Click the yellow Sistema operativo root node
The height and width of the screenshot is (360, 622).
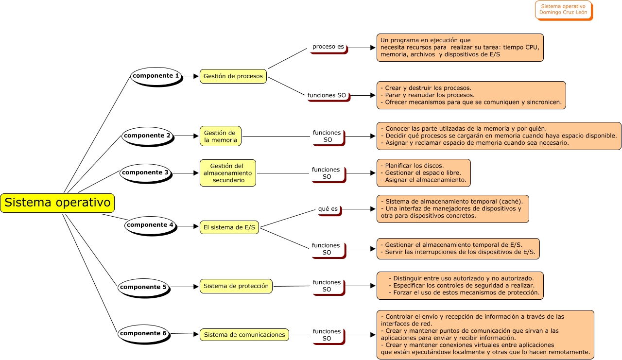tap(57, 203)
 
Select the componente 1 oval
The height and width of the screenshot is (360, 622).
tap(156, 76)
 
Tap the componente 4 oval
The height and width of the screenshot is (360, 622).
tap(150, 225)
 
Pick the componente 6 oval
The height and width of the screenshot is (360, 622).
tap(143, 334)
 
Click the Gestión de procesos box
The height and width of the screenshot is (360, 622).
tap(233, 76)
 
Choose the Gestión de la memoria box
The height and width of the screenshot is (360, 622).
tap(220, 137)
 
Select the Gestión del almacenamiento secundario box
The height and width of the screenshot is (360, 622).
tap(227, 173)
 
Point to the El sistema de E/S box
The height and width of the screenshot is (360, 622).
tap(229, 227)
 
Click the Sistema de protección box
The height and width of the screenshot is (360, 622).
tap(236, 286)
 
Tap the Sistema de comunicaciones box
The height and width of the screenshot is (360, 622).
tap(244, 335)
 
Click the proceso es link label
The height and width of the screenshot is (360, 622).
tap(328, 47)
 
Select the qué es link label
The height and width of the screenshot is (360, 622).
tap(328, 209)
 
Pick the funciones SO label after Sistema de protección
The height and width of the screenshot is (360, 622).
tap(327, 286)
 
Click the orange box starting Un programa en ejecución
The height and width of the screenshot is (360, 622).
tap(460, 48)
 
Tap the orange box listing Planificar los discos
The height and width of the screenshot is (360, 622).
tap(423, 173)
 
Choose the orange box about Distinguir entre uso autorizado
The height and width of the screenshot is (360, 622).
tap(460, 286)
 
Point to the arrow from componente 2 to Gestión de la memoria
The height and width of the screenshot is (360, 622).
tap(186, 136)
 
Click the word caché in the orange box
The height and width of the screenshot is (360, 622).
tap(511, 201)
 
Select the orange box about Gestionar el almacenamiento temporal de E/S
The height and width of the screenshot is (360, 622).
tap(458, 248)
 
